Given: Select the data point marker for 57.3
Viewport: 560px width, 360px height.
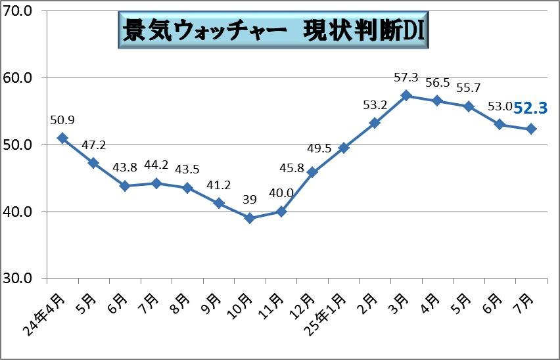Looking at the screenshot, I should (x=406, y=95).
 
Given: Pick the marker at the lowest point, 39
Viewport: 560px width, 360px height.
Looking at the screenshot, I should (x=250, y=218).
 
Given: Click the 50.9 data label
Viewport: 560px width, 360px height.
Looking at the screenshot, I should (x=62, y=120).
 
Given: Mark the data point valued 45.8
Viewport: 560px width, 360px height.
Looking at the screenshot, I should (x=312, y=172).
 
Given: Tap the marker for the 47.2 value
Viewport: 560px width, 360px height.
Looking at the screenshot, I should (x=93, y=163).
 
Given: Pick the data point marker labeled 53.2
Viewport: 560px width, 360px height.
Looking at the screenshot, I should (x=375, y=123).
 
